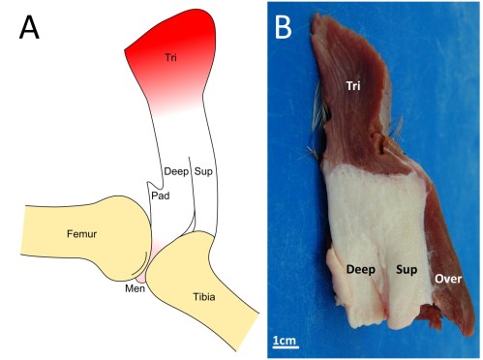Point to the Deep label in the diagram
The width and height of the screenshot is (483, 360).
(x=176, y=171)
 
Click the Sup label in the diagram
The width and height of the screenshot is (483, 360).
(x=203, y=171)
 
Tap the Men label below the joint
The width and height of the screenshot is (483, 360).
(x=133, y=287)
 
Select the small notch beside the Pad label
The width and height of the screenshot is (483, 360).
(x=150, y=182)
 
